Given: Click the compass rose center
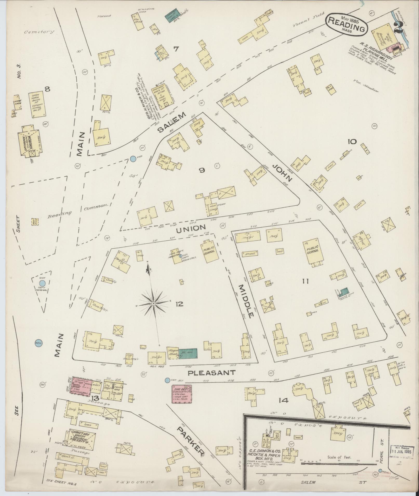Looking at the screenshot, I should [x=154, y=303].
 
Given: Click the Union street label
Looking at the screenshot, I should [x=191, y=228].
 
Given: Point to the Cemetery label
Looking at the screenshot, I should [x=39, y=32].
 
